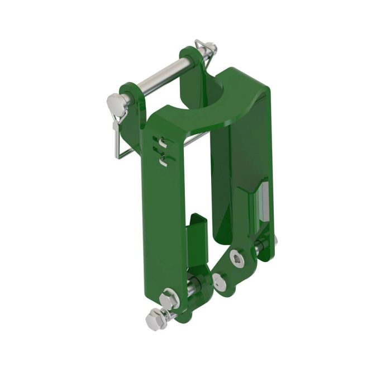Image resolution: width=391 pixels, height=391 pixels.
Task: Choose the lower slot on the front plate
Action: pos(164,161)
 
